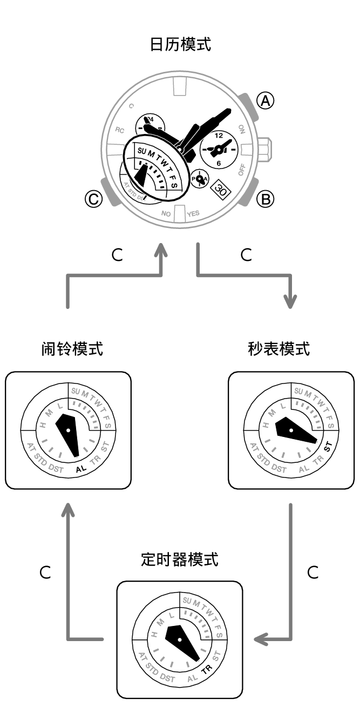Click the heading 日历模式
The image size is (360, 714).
point(180,45)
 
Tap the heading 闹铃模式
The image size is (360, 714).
point(72,349)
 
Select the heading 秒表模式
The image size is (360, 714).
point(279,349)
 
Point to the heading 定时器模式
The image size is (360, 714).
point(179,560)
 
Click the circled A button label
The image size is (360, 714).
point(265,101)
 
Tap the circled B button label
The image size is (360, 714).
point(265,199)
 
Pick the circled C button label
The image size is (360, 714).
point(93,199)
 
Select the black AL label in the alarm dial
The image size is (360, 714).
point(81,469)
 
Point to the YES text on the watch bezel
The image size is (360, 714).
point(193,214)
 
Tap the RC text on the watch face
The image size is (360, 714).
point(120,130)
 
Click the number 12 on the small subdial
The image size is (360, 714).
point(219,136)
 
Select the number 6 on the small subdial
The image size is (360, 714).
point(219,163)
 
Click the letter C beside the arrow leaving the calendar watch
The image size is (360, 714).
point(246,255)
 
